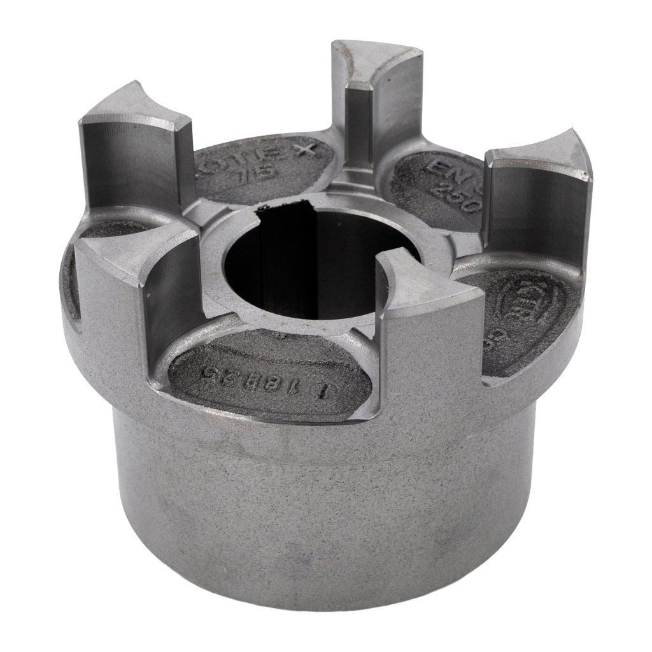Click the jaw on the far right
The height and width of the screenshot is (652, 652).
[x=539, y=204]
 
